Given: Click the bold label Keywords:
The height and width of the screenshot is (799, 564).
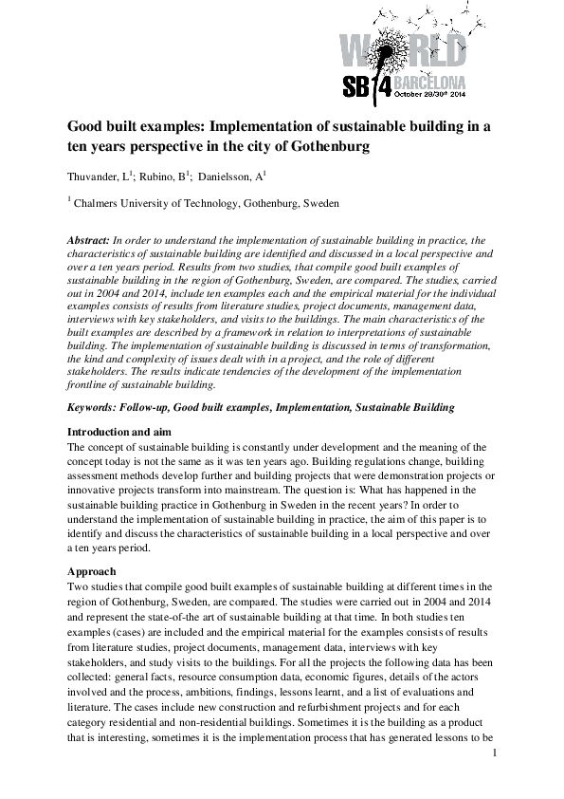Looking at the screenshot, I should click(x=97, y=407).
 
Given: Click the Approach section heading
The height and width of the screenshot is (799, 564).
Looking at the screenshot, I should click(x=92, y=572).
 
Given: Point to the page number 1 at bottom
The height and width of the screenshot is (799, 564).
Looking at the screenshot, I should click(x=495, y=753).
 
